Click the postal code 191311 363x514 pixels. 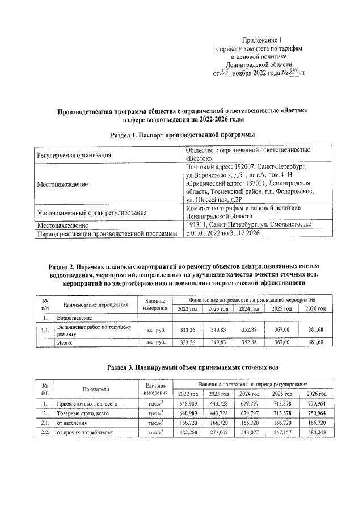tap(197, 225)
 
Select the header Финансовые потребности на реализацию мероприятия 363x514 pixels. tap(252, 299)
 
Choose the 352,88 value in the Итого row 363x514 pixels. tap(249, 342)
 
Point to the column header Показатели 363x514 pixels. tap(95, 389)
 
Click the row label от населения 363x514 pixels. tap(71, 423)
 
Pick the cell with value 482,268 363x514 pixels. tap(188, 433)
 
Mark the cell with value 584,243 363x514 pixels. tap(315, 433)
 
